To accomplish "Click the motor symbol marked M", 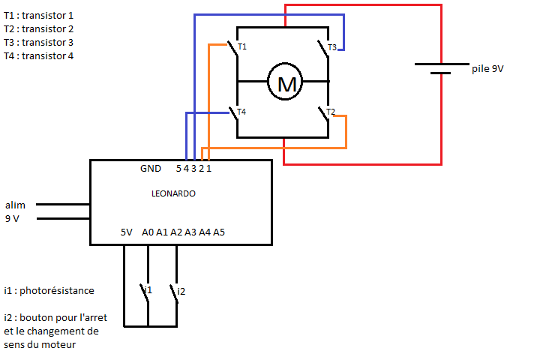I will [286, 82].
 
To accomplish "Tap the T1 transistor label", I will [242, 47].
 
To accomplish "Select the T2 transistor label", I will [331, 112].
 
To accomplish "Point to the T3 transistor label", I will [331, 47].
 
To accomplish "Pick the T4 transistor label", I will [241, 112].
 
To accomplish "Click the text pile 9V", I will [487, 68].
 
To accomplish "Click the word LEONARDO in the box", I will [173, 193].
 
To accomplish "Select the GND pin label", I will [150, 169].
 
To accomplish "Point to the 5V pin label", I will [127, 232].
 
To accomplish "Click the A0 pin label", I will [148, 232].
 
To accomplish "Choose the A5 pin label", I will [219, 232].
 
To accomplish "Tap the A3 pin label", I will [190, 232].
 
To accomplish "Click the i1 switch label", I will [148, 289].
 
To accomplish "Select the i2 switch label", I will [181, 289].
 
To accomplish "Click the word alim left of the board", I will [15, 205].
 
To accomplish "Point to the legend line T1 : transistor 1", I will [38, 15].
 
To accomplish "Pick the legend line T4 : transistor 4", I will [38, 55].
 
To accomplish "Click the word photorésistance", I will [59, 290].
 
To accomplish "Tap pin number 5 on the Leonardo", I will [178, 169].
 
